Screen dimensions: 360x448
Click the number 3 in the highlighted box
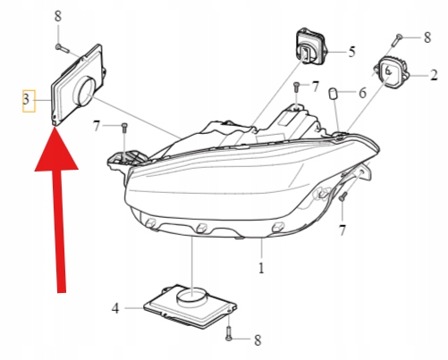(28, 102)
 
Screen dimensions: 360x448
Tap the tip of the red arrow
(55, 130)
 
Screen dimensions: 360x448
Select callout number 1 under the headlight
(261, 267)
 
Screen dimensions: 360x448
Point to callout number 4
(115, 308)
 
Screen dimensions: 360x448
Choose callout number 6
(363, 93)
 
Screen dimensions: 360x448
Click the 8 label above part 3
(58, 18)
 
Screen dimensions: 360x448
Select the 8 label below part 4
(258, 339)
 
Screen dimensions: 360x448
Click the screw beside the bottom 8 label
(231, 337)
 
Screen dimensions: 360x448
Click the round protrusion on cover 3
(88, 89)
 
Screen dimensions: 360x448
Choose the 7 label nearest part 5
(315, 86)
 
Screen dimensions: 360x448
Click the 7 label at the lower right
(342, 230)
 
